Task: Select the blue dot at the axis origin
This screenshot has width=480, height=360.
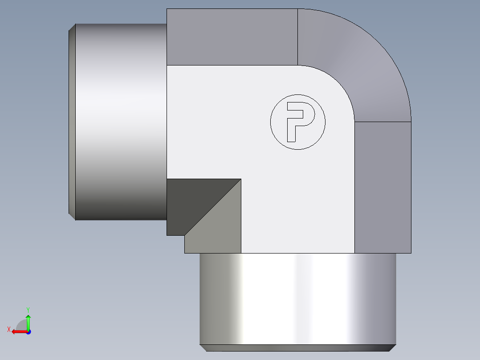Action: point(28,332)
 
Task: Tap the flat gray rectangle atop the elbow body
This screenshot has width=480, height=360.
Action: point(232,37)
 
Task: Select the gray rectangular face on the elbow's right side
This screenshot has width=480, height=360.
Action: point(382,187)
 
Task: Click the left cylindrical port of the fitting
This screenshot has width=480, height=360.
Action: point(121,122)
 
